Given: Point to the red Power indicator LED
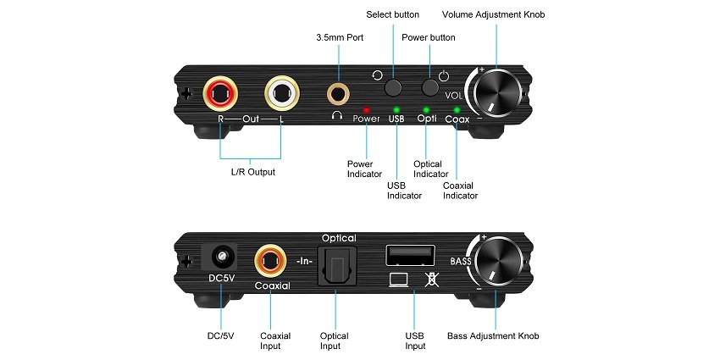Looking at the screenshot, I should click(366, 109).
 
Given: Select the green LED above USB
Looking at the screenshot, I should click(396, 109).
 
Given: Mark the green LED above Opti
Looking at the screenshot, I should click(426, 109).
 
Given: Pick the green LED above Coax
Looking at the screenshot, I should click(457, 109).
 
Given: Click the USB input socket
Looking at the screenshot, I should click(411, 255).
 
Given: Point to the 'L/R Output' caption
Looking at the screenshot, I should click(253, 172).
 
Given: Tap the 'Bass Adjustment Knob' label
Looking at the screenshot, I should click(493, 336).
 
